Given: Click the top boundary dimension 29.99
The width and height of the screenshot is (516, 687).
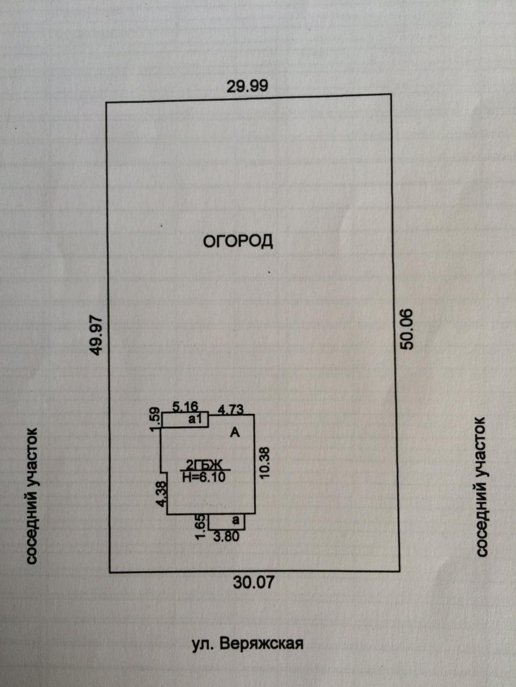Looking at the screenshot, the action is [x=247, y=86].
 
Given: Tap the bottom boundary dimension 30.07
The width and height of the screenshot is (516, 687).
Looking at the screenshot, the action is [x=254, y=581].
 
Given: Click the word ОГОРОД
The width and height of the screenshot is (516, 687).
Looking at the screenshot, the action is [x=238, y=241].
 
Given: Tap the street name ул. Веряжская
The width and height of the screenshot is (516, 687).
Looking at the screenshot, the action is [x=248, y=644].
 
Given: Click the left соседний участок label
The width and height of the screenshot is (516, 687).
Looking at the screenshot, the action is [x=32, y=495].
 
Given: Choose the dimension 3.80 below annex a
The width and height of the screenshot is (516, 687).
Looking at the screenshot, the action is [x=226, y=536].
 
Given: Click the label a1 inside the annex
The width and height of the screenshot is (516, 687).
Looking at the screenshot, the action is [x=195, y=420].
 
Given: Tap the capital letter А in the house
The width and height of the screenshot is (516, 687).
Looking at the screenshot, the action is [x=235, y=432].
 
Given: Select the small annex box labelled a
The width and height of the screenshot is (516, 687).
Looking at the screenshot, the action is [x=226, y=521].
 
